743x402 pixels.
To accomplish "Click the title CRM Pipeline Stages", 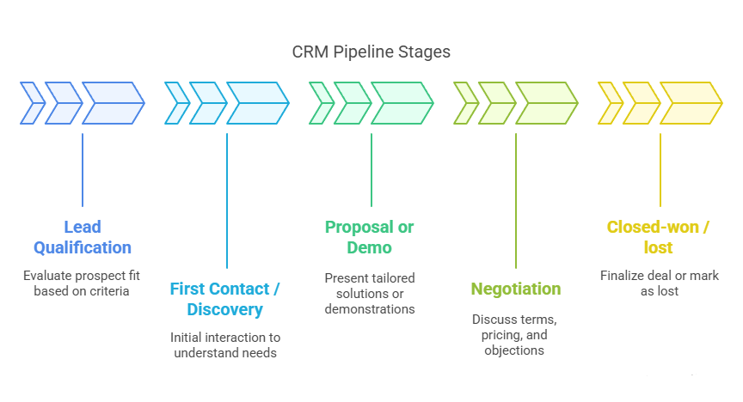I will [371, 52].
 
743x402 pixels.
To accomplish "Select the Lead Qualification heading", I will [83, 237].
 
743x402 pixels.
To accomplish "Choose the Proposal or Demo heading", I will [370, 237].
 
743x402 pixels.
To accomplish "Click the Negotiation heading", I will [516, 289].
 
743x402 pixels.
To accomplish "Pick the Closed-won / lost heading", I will [660, 237].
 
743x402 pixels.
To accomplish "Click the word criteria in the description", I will [108, 291].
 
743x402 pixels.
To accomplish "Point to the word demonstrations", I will [370, 309].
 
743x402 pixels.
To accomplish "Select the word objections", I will [515, 350].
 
